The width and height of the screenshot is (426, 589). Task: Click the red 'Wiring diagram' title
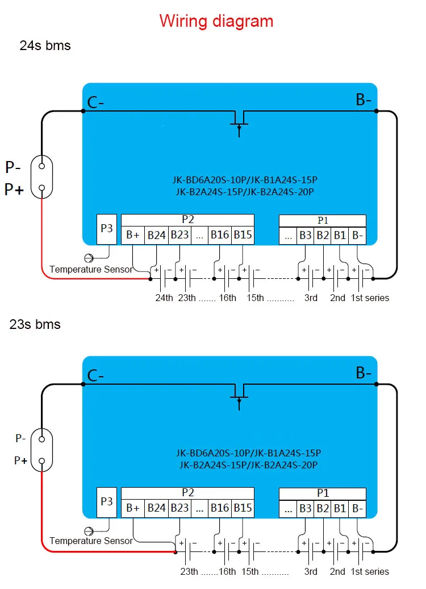pyautogui.click(x=216, y=21)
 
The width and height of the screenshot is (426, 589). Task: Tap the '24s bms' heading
pyautogui.click(x=45, y=46)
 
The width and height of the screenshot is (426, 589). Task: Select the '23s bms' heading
pyautogui.click(x=35, y=324)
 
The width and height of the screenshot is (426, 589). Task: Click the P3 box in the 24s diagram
pyautogui.click(x=107, y=229)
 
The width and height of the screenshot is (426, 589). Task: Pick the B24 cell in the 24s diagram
pyautogui.click(x=156, y=236)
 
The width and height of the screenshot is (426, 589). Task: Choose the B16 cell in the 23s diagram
pyautogui.click(x=219, y=508)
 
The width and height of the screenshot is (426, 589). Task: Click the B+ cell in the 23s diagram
pyautogui.click(x=133, y=508)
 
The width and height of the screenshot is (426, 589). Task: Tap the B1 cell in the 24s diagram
pyautogui.click(x=340, y=236)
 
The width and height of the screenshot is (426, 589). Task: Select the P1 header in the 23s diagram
pyautogui.click(x=323, y=493)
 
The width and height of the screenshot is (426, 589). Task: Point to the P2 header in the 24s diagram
pyautogui.click(x=187, y=220)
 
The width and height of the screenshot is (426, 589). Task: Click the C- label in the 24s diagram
pyautogui.click(x=95, y=102)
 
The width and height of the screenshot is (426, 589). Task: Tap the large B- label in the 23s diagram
pyautogui.click(x=364, y=373)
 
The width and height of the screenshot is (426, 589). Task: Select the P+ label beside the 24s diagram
pyautogui.click(x=14, y=190)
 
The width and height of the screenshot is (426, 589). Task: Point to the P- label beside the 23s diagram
pyautogui.click(x=20, y=438)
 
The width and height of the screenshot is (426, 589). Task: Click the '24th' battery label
pyautogui.click(x=164, y=298)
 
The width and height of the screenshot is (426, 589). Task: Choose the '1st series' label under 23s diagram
pyautogui.click(x=370, y=571)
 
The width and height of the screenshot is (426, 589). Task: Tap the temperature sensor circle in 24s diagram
pyautogui.click(x=89, y=258)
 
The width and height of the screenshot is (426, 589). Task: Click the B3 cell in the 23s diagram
pyautogui.click(x=305, y=509)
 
